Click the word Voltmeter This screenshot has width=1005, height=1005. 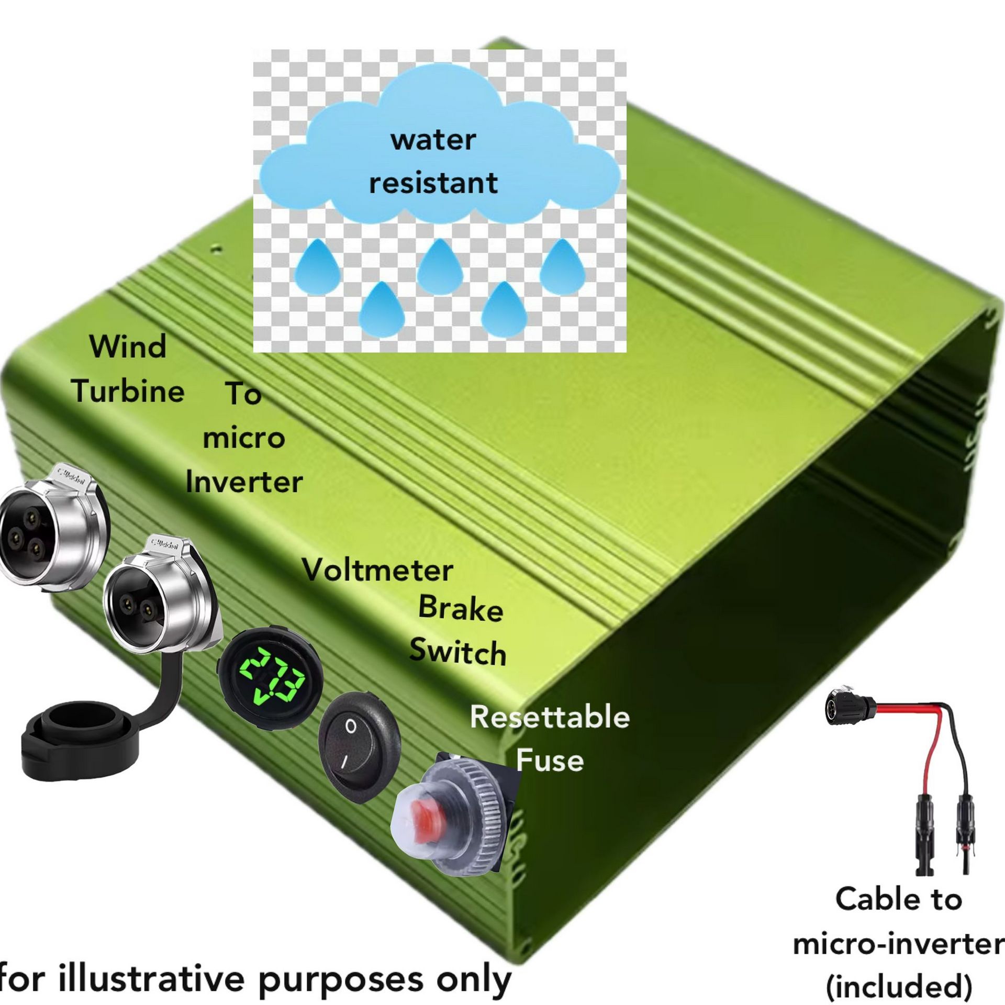click(377, 570)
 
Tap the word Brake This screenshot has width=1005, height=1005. click(461, 609)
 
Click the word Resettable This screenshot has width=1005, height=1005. click(550, 717)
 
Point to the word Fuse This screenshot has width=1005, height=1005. click(550, 761)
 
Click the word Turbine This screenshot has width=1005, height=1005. click(129, 391)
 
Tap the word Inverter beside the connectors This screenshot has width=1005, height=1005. click(244, 482)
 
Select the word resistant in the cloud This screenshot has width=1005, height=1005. click(433, 183)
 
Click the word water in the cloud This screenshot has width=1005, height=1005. click(433, 140)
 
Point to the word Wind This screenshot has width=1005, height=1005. click(128, 347)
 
